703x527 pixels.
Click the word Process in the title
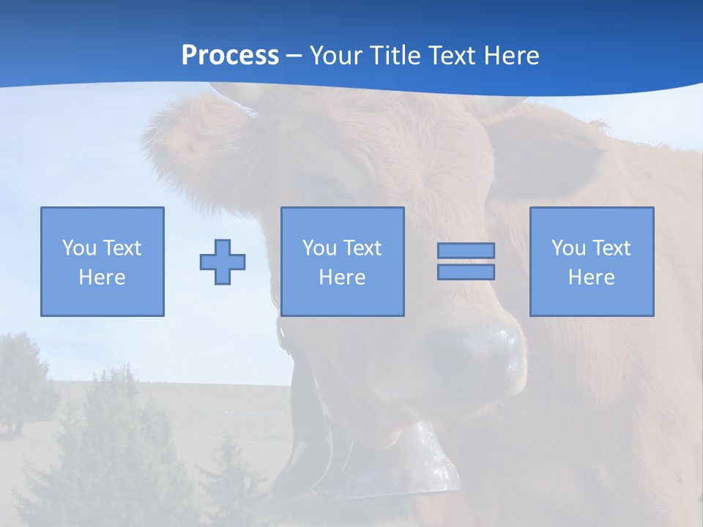[x=230, y=56]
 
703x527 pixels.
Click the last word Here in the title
[x=513, y=56]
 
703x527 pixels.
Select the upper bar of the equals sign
[x=466, y=250]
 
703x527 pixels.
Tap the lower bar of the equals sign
[x=466, y=272]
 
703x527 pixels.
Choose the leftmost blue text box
[x=103, y=261]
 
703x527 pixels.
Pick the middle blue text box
[x=343, y=261]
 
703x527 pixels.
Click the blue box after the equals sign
[x=592, y=261]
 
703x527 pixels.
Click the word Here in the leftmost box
[x=103, y=277]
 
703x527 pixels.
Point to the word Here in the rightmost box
[x=592, y=277]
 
